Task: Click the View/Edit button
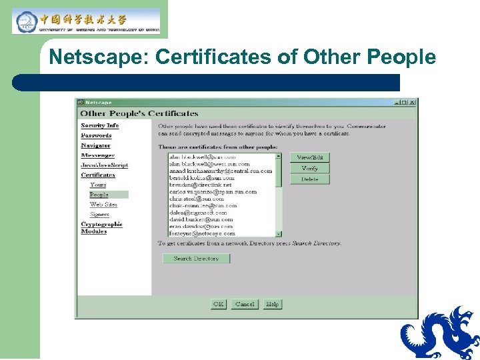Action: click(309, 157)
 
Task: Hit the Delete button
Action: click(309, 179)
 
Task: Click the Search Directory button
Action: click(196, 259)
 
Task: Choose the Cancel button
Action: click(245, 304)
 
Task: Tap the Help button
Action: click(272, 304)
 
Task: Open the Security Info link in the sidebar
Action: click(99, 125)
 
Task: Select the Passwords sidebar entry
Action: click(96, 135)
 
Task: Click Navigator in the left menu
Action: click(95, 145)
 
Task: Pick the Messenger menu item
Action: click(97, 155)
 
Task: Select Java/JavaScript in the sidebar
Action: click(104, 165)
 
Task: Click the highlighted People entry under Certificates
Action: click(99, 195)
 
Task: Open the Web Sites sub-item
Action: click(103, 205)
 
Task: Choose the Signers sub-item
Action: click(100, 215)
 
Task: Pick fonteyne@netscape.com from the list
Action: click(202, 234)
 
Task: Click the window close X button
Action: click(413, 102)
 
